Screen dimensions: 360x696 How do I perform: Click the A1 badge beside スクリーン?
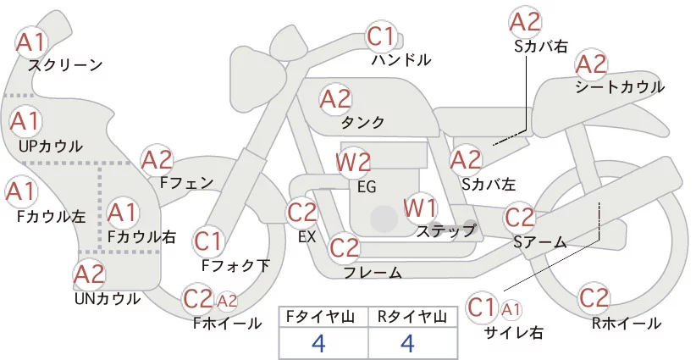pos(33,41)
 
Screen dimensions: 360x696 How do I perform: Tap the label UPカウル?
pos(51,146)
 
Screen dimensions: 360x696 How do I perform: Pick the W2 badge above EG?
pos(353,161)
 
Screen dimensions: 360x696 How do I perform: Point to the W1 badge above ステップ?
pos(420,207)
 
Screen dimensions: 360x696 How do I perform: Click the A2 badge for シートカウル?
pos(591,64)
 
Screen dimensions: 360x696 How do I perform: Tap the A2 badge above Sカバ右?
pos(524,22)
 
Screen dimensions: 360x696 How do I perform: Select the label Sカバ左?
pos(489,182)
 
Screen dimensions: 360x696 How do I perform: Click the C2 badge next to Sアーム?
pos(520,217)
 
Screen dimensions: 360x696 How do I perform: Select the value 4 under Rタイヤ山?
pos(407,343)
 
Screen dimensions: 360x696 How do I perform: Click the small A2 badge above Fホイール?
pos(227,300)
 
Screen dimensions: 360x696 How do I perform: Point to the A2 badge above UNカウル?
pos(89,274)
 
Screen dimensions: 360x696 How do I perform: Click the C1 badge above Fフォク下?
pos(207,241)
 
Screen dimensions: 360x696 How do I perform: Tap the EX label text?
pos(307,237)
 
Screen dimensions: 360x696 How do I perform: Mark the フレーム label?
pos(373,272)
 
